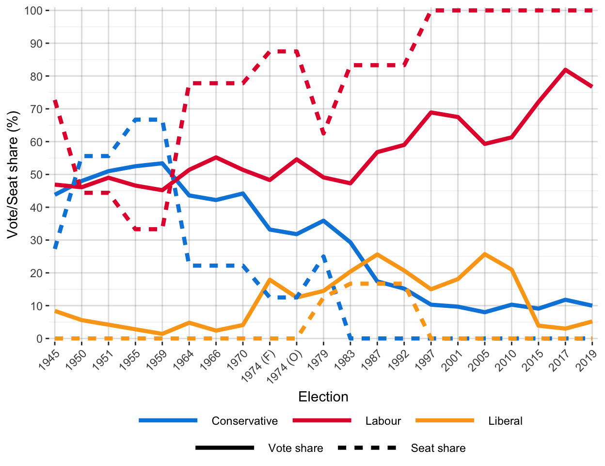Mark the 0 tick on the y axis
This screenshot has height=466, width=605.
click(x=40, y=339)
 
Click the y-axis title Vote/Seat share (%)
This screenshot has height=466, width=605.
click(x=13, y=175)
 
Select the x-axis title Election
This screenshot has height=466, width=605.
click(x=323, y=397)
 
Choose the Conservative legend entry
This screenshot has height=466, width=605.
click(x=244, y=421)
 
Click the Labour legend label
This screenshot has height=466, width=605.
click(x=383, y=421)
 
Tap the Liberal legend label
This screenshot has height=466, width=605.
click(x=505, y=421)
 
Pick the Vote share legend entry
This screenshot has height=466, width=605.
click(x=295, y=448)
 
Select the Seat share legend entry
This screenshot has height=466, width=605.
click(x=438, y=448)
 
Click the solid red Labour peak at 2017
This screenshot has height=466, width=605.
click(x=565, y=70)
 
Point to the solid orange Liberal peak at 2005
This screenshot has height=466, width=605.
click(x=485, y=254)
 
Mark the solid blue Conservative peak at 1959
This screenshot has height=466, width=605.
click(x=162, y=163)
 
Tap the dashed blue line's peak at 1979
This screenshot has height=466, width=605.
click(x=323, y=256)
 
